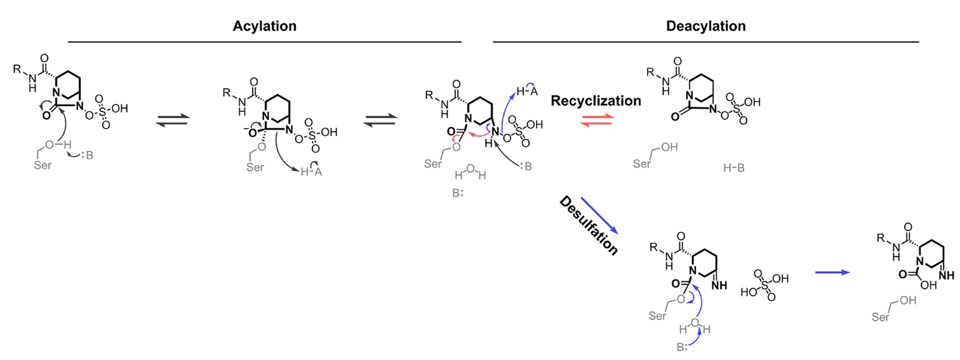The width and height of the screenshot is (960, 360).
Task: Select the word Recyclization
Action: coord(596,100)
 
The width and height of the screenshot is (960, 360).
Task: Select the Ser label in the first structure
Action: coord(43,166)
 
